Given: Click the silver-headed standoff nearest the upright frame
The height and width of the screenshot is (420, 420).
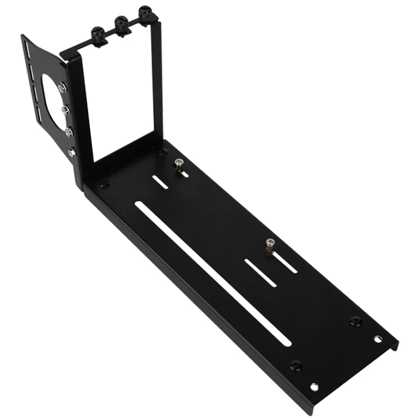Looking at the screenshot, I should (x=179, y=165).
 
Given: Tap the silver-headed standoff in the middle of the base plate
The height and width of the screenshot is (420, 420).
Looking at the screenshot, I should (x=270, y=245).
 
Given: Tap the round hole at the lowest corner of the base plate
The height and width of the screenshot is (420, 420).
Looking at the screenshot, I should (x=314, y=387).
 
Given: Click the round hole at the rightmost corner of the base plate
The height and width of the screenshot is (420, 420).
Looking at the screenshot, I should (x=377, y=338).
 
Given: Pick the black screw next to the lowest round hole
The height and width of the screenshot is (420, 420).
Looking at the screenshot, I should (x=296, y=364).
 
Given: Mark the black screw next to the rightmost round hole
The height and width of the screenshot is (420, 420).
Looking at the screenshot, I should (x=355, y=320).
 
